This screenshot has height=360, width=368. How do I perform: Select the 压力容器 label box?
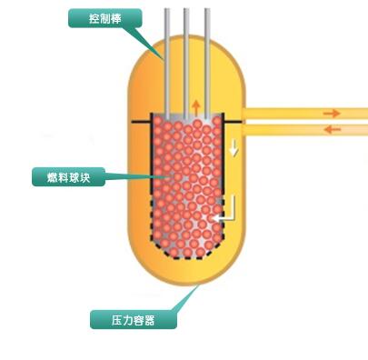click(x=133, y=318)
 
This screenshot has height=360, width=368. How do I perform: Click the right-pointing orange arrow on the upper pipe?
click(x=332, y=114)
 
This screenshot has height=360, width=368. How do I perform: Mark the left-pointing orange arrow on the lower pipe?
click(x=332, y=129)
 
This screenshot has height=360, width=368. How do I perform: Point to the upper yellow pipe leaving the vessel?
click(x=300, y=114)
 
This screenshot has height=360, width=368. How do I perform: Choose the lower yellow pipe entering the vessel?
click(x=300, y=129)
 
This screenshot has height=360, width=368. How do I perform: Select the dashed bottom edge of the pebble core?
click(x=187, y=257)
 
